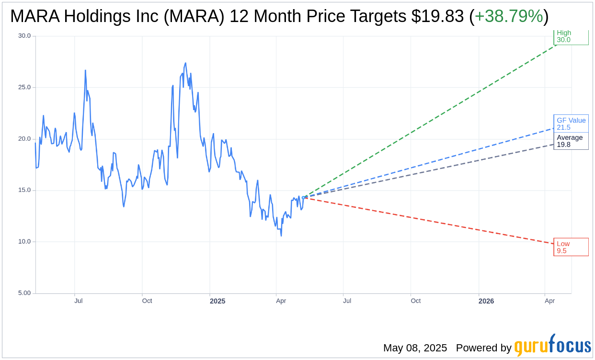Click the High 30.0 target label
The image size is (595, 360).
pos(571,36)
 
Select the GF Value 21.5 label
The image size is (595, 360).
pos(571,124)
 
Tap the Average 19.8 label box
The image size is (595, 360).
pos(571,141)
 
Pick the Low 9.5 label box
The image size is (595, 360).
pos(571,247)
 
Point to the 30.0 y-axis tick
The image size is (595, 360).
pos(24,36)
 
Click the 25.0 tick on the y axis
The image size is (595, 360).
pos(24,87)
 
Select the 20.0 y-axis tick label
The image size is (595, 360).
pos(24,139)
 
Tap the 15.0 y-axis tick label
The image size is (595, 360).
pos(24,190)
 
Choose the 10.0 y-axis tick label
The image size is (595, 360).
pos(24,242)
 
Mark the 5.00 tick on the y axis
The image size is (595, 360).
pos(24,293)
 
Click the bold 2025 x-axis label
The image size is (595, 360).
pos(217,301)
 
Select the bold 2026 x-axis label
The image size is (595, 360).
pos(486,301)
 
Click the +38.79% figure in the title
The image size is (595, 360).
pos(508,17)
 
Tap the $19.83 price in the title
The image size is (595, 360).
pos(437,17)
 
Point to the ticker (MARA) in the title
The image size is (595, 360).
pos(196,17)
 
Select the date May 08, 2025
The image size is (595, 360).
pos(415,348)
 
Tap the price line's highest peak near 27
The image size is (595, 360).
pos(185,63)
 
